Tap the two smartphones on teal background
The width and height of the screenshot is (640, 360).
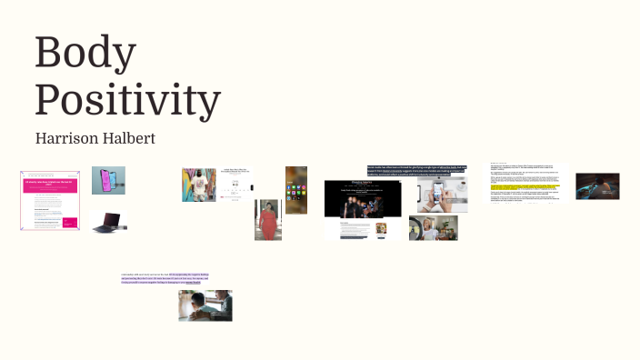tap(108, 180)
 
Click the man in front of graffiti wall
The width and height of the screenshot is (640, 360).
tap(198, 185)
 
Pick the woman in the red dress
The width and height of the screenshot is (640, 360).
tap(268, 220)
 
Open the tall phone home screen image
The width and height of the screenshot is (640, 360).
tap(296, 190)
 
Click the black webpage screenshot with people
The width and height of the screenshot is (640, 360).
tap(363, 210)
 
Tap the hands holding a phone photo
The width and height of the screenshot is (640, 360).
tap(442, 195)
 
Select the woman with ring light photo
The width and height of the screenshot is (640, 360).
tap(433, 228)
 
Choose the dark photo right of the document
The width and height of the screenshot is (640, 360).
tap(597, 185)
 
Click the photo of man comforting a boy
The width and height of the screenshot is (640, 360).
tap(205, 306)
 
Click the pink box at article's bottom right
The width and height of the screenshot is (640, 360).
tap(69, 221)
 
